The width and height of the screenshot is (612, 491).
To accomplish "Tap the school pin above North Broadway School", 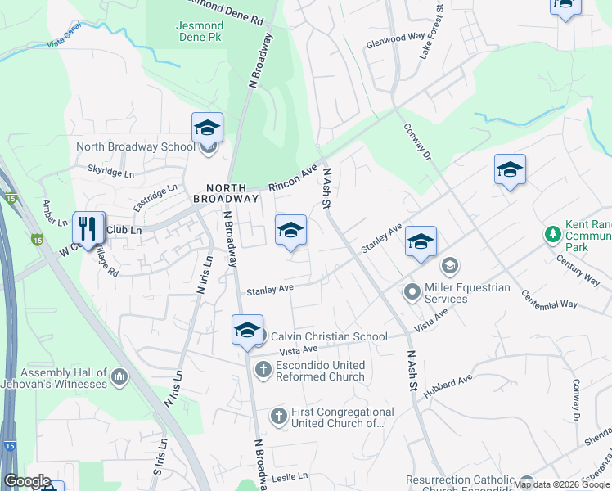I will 208,128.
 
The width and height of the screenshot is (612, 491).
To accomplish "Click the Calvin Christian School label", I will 329,336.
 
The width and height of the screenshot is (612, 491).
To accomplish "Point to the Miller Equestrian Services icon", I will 411,291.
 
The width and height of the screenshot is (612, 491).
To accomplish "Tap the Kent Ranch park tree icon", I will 553,235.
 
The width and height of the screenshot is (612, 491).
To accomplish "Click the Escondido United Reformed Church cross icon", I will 263,370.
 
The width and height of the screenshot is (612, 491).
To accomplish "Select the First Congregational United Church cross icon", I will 278,417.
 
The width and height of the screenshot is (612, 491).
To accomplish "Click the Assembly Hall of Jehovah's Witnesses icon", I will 119,377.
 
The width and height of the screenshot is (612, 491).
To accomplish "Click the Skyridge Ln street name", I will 110,173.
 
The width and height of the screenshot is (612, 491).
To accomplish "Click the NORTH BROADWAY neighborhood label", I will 226,193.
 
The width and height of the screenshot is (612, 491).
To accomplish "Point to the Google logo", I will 27,480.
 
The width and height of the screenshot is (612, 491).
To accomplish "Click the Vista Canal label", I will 66,42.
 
